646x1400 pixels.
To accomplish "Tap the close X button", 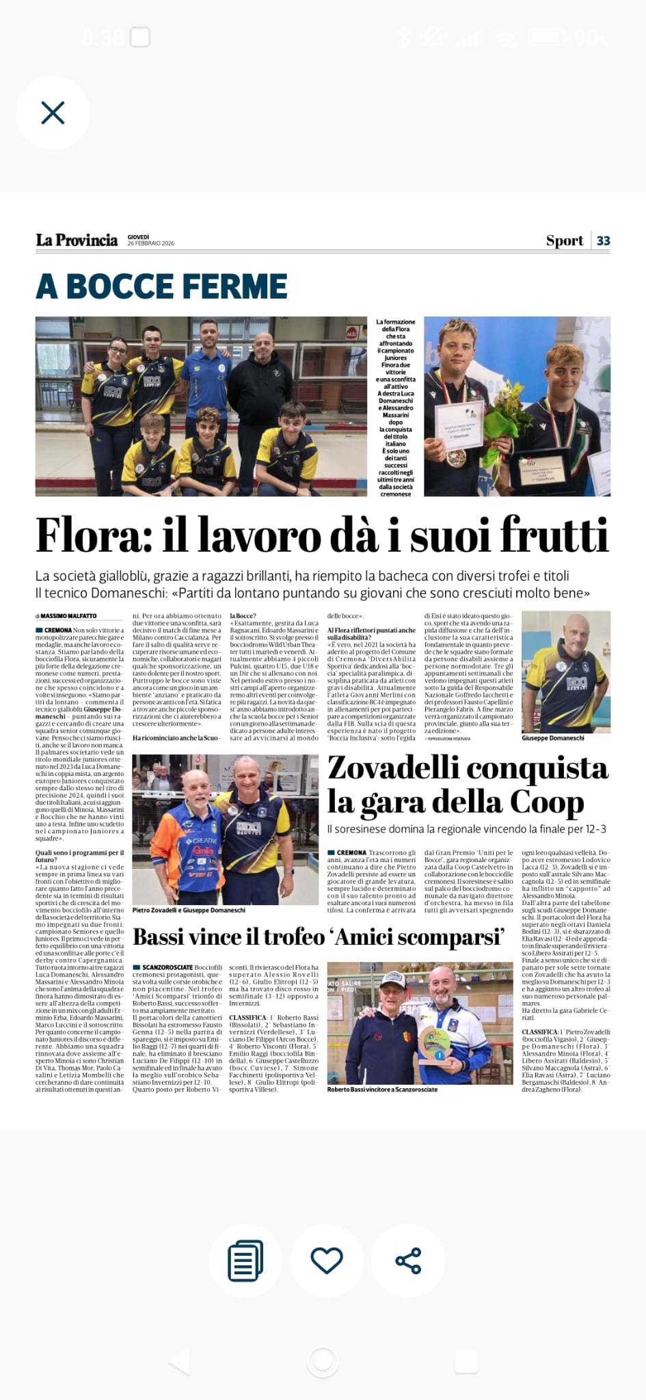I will click(53, 113).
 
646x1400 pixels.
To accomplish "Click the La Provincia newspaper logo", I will click(77, 240).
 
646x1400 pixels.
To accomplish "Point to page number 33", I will click(603, 241).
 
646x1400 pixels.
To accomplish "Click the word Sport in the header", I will click(564, 241).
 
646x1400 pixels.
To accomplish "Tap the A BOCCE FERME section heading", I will click(161, 286).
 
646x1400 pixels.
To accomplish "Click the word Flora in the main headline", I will click(93, 535).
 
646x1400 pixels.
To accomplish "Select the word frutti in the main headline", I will click(553, 535).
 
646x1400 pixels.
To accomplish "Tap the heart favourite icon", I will click(326, 1260).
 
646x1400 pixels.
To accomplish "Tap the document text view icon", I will click(245, 1260).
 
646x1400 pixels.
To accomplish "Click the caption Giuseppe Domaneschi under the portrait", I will click(552, 738).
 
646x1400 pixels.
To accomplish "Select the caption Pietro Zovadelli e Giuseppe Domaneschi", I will click(189, 910).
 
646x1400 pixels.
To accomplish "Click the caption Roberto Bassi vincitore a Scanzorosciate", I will click(382, 1089).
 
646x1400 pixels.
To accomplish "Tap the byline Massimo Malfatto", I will click(68, 616).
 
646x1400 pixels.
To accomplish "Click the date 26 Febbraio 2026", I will click(150, 243).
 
